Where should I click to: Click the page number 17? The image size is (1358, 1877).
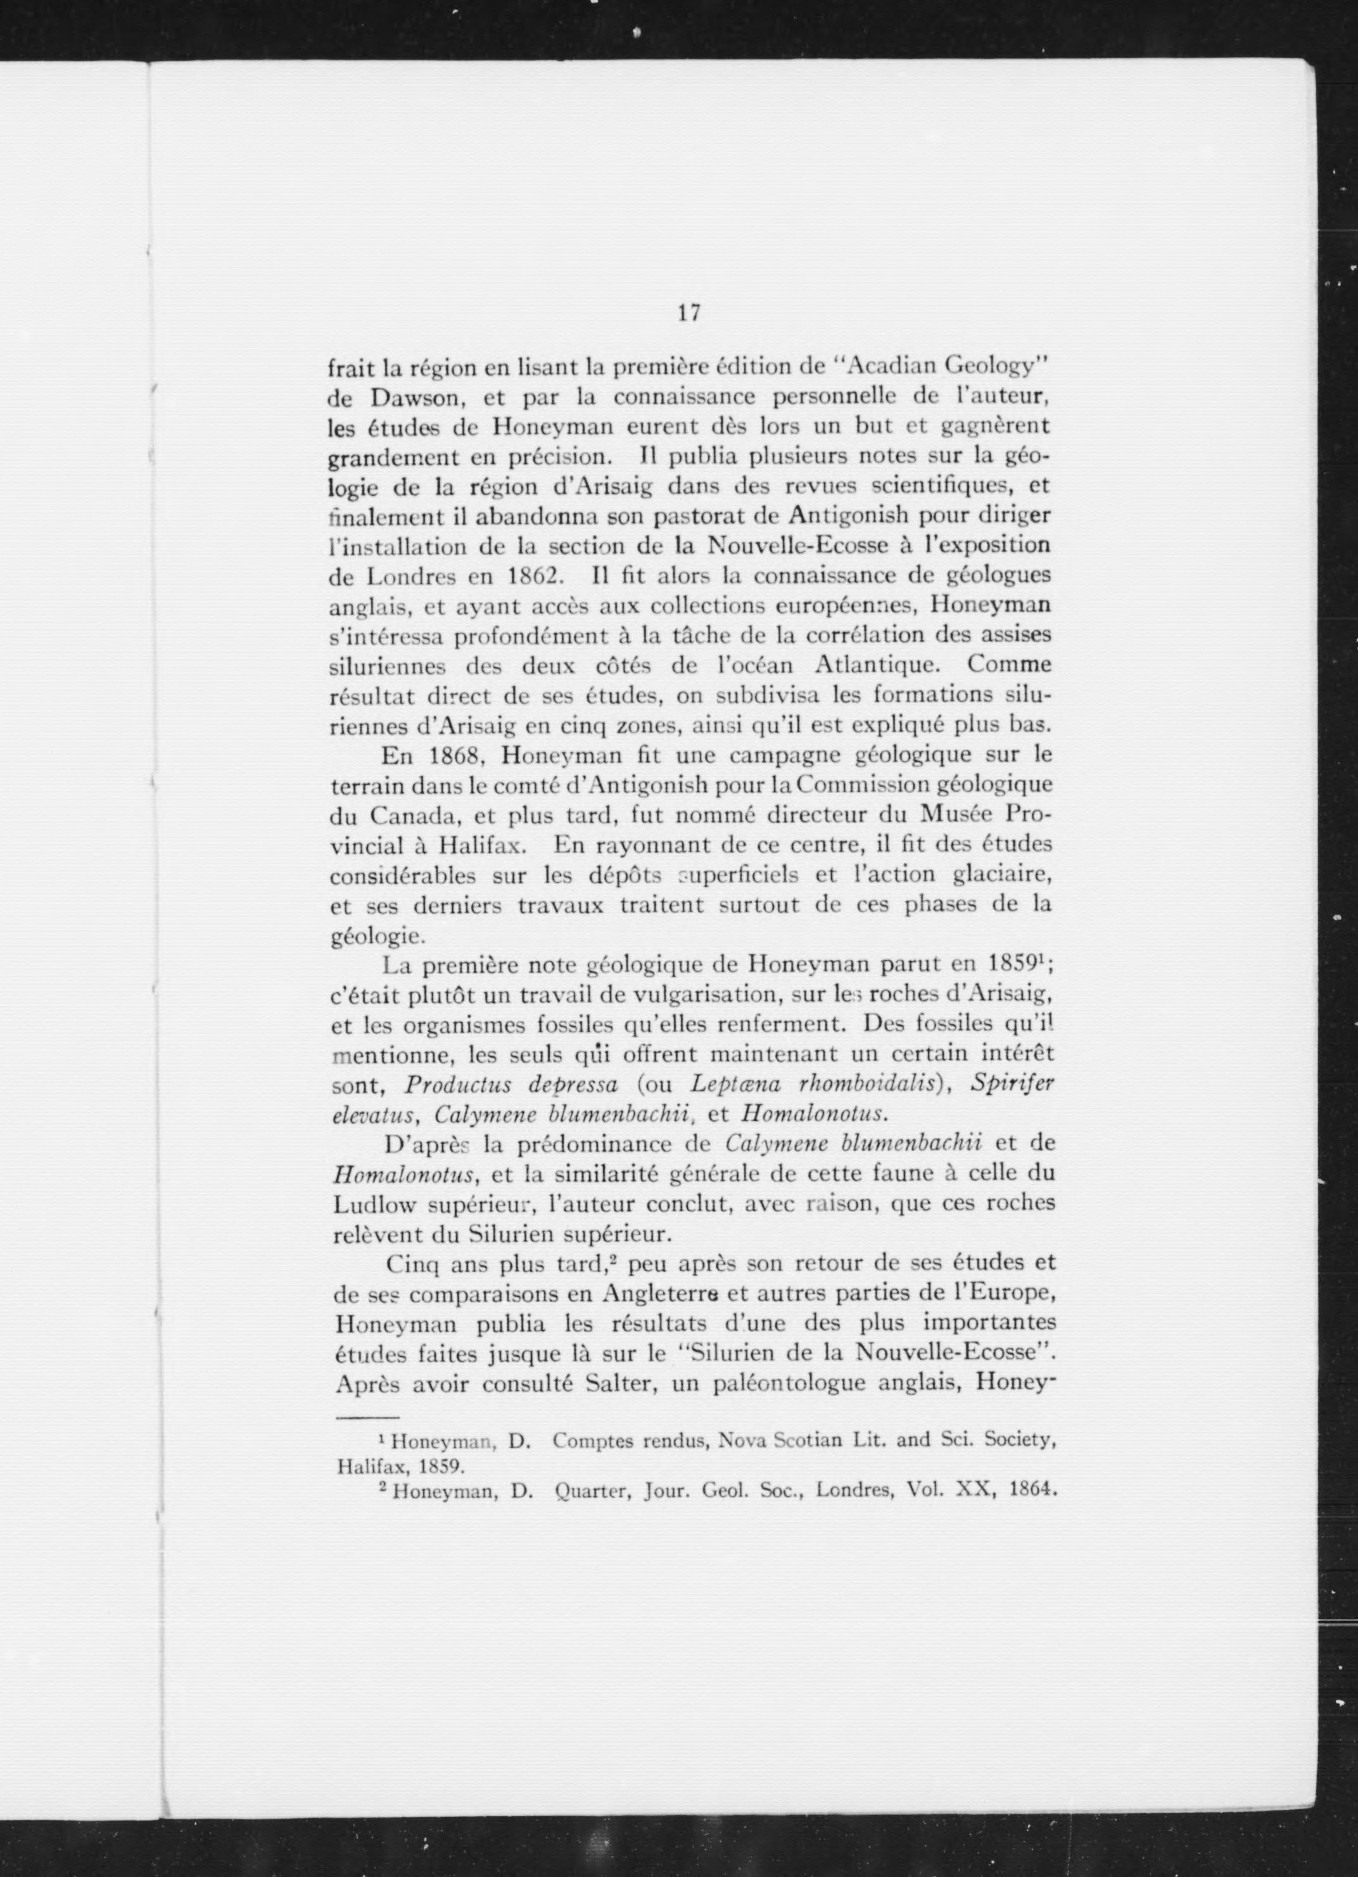coord(689,313)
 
